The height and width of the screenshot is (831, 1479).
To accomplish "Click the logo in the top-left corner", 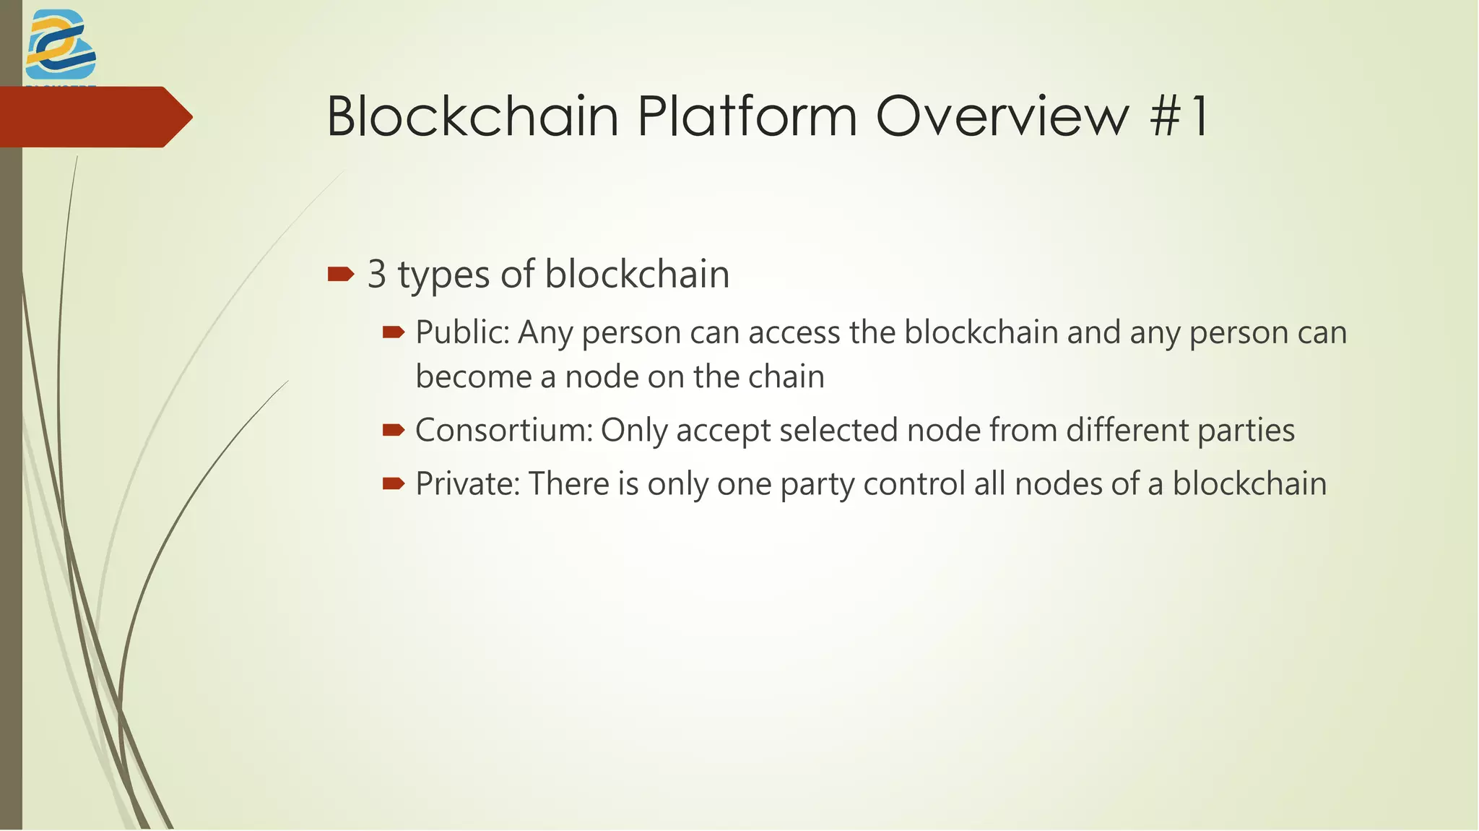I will pos(61,45).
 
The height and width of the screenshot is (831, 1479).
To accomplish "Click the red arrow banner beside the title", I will pos(94,117).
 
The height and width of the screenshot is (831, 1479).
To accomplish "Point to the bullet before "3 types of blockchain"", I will pos(340,274).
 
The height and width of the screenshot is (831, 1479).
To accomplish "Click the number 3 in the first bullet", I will pos(376,275).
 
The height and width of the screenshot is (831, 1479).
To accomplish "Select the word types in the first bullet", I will pos(443,276).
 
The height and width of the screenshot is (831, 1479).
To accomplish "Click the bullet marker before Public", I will pos(394,332).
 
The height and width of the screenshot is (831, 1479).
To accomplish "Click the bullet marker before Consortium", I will pos(394,431).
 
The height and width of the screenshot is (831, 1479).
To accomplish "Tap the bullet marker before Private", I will pos(394,483).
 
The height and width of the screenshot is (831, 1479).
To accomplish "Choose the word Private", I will pos(467,483).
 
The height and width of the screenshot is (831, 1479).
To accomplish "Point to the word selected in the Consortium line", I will pos(838,431).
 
